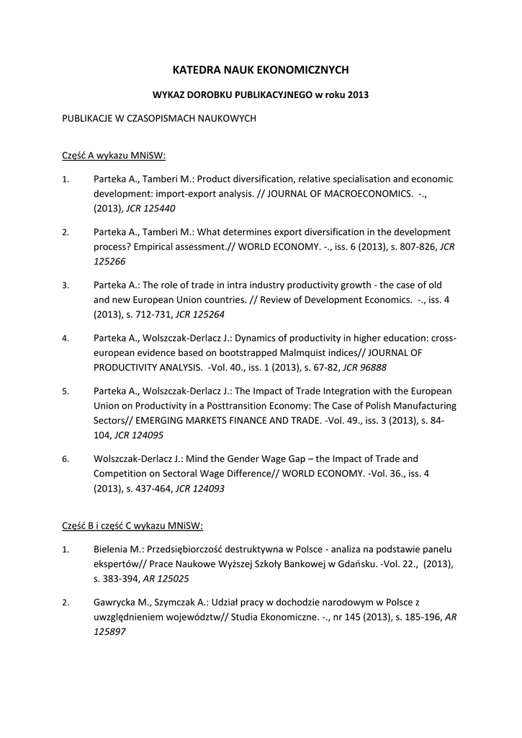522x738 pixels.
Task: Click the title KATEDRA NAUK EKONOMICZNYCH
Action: tap(261, 70)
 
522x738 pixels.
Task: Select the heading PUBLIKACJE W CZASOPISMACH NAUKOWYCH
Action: tap(159, 119)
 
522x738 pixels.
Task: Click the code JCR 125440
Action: tap(150, 208)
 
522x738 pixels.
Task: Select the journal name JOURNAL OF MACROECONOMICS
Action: tap(338, 194)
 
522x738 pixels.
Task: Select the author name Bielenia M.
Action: tap(119, 549)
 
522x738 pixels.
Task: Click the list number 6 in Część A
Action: tap(65, 459)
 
